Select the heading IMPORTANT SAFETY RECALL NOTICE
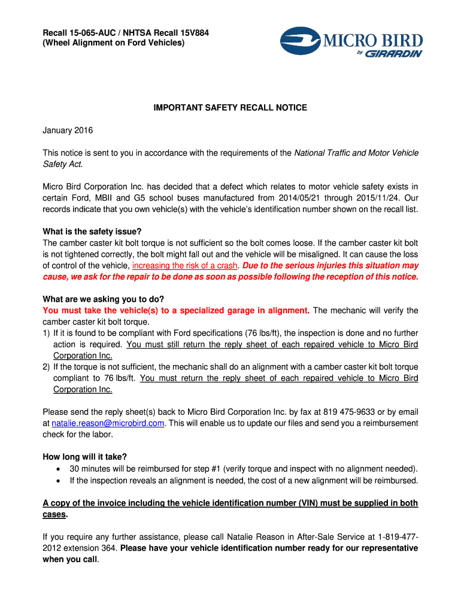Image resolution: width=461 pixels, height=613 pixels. pyautogui.click(x=230, y=108)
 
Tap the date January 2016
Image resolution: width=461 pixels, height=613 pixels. pyautogui.click(x=68, y=131)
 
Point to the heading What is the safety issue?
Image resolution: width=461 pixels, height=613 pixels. pyautogui.click(x=92, y=232)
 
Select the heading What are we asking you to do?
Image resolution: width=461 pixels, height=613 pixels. pyautogui.click(x=104, y=299)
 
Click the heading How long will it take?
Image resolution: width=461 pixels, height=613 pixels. pyautogui.click(x=85, y=457)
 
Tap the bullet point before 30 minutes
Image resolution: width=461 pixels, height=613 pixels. pyautogui.click(x=58, y=469)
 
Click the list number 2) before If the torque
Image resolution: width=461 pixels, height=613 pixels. pyautogui.click(x=47, y=367)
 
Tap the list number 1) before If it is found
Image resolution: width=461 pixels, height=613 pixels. pyautogui.click(x=47, y=333)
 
